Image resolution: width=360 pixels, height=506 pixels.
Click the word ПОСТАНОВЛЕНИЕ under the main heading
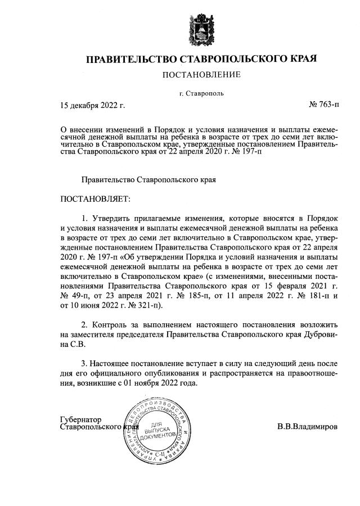[x=201, y=75]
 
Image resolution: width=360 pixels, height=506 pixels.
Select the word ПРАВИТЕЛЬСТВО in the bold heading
[x=130, y=59]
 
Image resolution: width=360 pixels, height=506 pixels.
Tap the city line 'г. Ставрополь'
[x=201, y=93]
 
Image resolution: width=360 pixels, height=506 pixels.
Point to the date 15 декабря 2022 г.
[x=92, y=105]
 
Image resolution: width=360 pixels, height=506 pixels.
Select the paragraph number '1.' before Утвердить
[x=85, y=217]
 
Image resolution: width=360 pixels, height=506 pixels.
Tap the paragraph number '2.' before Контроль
[x=85, y=325]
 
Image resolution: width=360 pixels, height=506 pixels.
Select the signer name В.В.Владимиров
[x=308, y=427]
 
